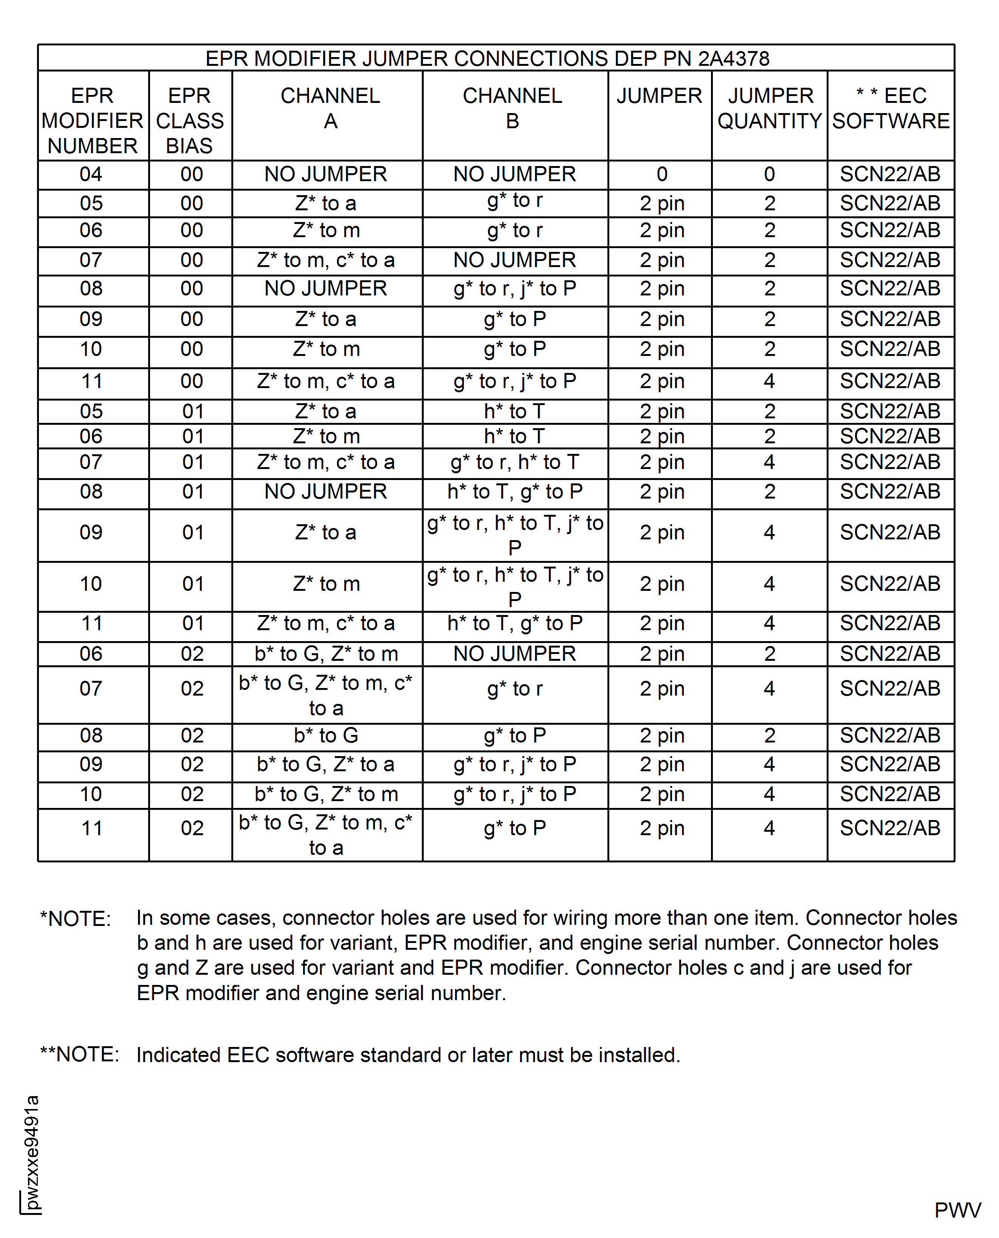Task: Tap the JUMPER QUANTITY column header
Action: click(x=770, y=108)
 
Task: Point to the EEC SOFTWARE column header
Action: click(x=891, y=108)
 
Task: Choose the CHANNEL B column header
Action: click(x=513, y=108)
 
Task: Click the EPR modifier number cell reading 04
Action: click(x=91, y=174)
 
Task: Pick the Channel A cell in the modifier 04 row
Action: click(x=326, y=174)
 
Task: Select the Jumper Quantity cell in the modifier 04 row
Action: click(x=770, y=174)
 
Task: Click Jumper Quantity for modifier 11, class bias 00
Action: click(x=770, y=381)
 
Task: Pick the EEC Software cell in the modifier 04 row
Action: click(x=890, y=174)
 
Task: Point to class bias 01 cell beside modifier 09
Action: click(x=193, y=533)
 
